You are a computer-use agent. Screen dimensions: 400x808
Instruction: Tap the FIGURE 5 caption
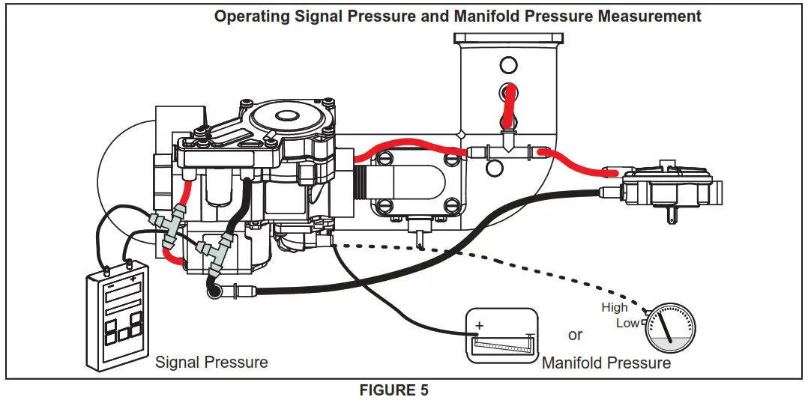(394, 390)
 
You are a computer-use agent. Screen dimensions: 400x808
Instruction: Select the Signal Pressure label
(211, 363)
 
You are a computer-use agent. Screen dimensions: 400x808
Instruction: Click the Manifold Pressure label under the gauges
(606, 363)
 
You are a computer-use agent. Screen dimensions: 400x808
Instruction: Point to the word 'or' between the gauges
(575, 335)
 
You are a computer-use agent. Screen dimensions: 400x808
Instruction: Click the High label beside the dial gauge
(614, 307)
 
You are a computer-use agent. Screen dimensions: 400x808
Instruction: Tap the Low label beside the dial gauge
(627, 323)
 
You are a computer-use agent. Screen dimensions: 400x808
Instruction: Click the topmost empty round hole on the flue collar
(508, 64)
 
